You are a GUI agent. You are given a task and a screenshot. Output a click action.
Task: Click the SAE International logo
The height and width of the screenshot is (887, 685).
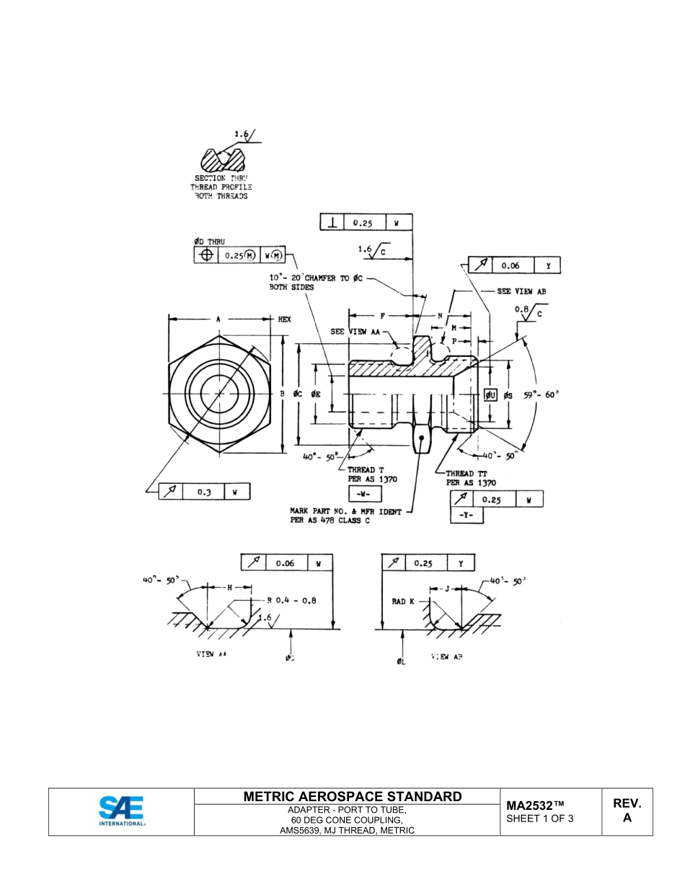point(121,811)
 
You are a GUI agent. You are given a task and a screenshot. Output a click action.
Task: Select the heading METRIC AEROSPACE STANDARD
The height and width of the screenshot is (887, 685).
point(352,797)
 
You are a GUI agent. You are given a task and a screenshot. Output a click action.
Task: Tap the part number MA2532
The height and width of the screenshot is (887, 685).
point(534,806)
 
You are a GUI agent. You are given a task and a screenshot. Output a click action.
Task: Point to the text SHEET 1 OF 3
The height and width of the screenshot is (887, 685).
point(539,818)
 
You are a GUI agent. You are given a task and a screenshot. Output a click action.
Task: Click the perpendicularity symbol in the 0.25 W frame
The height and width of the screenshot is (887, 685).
point(332,224)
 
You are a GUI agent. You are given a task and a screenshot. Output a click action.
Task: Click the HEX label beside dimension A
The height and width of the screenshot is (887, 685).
point(284,319)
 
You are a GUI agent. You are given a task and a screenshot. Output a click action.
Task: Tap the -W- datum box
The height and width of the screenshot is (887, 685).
point(364,494)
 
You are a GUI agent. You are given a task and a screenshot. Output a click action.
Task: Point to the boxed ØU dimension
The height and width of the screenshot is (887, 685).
point(490,394)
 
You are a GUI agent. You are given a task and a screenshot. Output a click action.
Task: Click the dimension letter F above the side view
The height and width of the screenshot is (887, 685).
point(382,316)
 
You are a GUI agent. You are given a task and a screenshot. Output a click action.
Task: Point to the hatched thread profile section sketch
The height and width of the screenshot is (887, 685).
point(222,159)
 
